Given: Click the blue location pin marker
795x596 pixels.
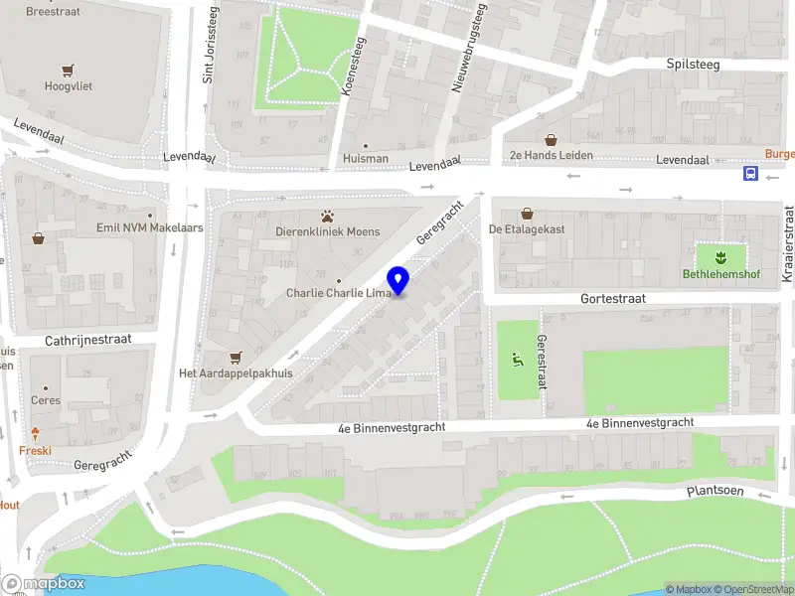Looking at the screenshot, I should point(398,281).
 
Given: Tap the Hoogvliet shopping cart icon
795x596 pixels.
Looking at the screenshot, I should point(68,70).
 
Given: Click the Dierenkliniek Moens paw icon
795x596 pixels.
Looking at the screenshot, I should point(327,216).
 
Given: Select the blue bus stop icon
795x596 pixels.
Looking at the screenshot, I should point(750,174).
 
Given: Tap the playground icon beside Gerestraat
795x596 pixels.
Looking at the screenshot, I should point(515,360).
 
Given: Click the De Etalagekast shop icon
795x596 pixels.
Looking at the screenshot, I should point(527,213).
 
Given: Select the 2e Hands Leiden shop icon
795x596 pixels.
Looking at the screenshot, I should point(551,140).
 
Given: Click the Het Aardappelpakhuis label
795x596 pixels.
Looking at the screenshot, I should point(236,373).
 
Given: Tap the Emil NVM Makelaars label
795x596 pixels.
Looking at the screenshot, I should point(151,227).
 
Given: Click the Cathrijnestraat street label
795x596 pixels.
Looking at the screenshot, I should point(88,340).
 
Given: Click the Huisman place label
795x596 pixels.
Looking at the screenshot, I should point(365,157).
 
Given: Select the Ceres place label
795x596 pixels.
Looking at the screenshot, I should point(46,400).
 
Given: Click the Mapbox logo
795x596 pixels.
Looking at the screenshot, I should point(43,584).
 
